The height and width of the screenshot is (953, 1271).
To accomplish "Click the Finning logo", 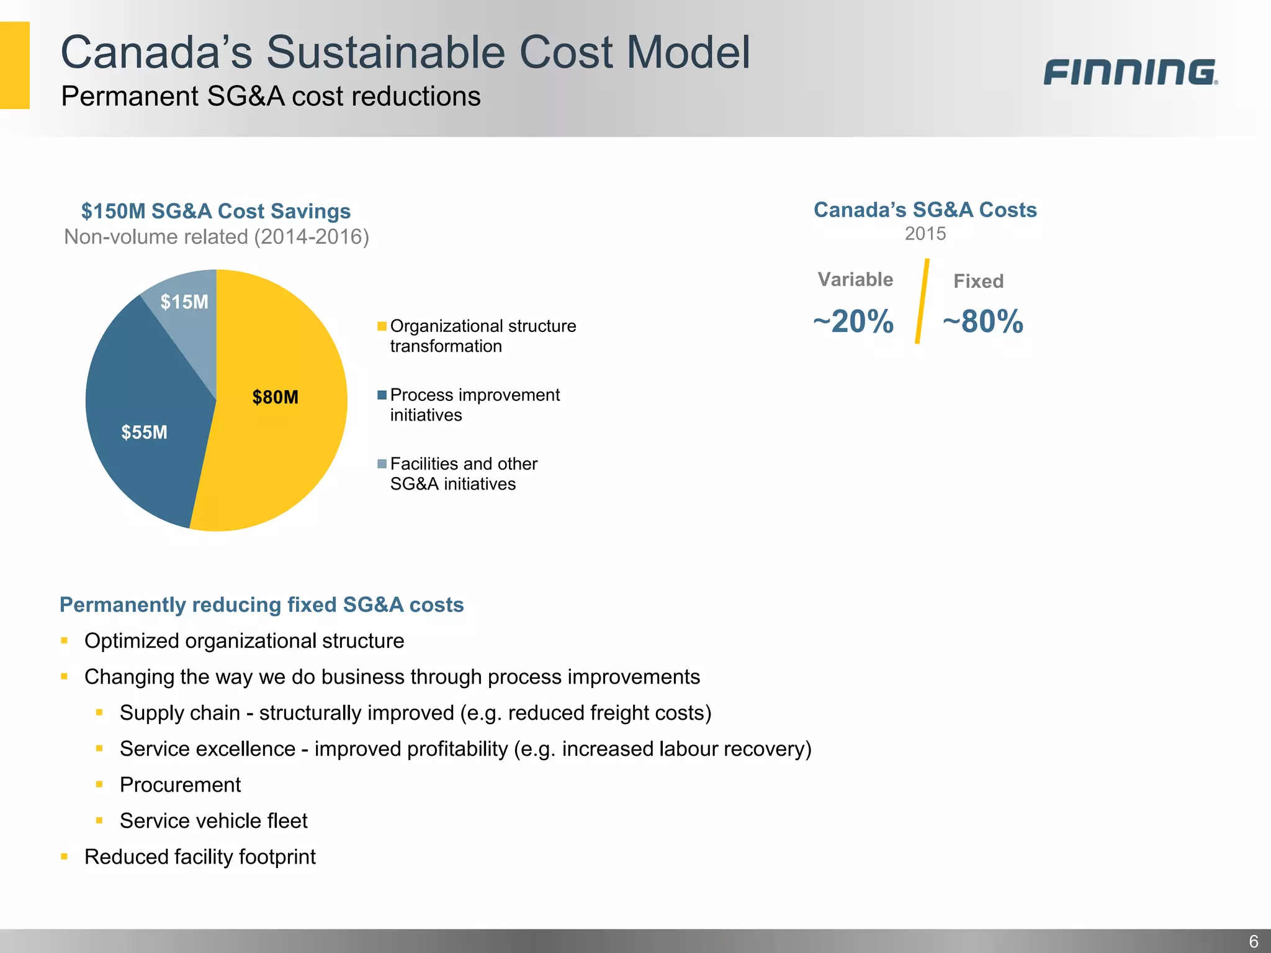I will point(1130,72).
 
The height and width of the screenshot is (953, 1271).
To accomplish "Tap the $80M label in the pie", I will point(275,397).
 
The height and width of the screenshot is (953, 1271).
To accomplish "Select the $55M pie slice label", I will point(144,432).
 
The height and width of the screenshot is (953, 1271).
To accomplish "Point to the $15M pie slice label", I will point(184,302).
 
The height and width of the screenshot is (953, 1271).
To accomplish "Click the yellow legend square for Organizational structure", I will point(382,326).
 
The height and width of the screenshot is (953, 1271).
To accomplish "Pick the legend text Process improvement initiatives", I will point(474,405).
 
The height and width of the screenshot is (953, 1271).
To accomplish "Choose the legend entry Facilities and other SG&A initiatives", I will point(463,473).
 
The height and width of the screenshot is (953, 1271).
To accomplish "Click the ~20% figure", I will point(853,321).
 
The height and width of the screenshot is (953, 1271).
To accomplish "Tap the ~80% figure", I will point(983,321).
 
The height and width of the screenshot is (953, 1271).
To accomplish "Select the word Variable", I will point(855,279).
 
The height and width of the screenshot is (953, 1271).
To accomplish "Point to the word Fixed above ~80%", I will point(978,281).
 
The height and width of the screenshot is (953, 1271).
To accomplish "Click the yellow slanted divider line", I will point(922,302).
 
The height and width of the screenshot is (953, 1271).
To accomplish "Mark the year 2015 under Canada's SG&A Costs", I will point(925,234).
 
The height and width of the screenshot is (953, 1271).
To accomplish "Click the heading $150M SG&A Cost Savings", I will point(216,211).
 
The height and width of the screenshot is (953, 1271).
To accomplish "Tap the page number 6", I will point(1253,941).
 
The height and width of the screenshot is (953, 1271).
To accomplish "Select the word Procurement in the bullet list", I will point(180,785).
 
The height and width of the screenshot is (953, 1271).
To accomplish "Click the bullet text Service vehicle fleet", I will point(213,821).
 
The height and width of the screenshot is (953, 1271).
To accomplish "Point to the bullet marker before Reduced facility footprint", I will point(64,857).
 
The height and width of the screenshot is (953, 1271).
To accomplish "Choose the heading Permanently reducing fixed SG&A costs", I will point(261,604).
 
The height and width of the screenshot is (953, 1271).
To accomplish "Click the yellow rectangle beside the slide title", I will point(14,65).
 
